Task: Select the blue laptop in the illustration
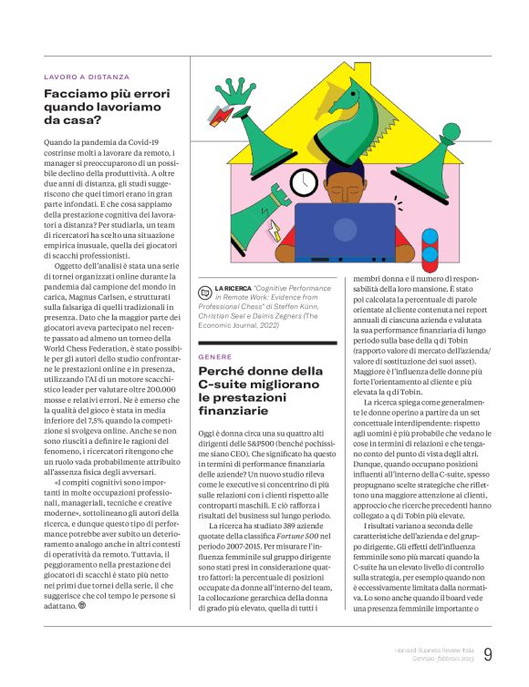pos(344,230)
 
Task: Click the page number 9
pos(488,653)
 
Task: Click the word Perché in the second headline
pos(222,372)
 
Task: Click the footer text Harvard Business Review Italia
pos(434,648)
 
